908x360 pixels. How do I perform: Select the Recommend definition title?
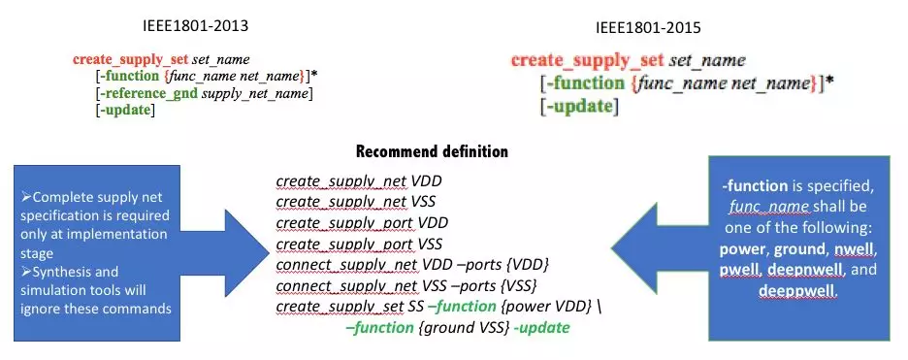click(432, 152)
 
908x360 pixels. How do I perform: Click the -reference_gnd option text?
click(148, 93)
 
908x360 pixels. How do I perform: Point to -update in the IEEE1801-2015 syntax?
click(579, 106)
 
